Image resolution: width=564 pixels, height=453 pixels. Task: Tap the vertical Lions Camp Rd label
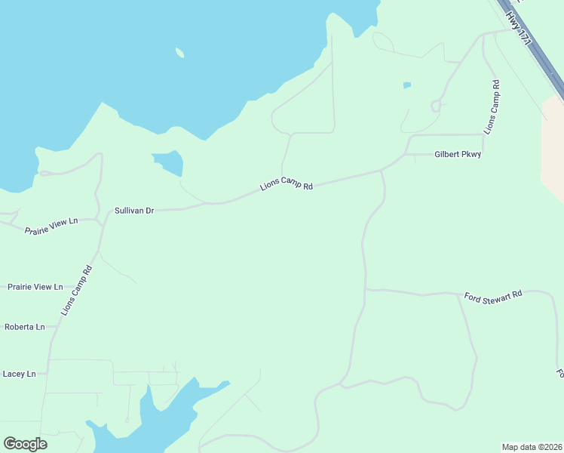click(x=492, y=107)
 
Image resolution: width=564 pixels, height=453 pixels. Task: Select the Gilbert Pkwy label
click(x=458, y=154)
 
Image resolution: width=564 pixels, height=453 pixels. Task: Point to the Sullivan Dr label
click(x=134, y=211)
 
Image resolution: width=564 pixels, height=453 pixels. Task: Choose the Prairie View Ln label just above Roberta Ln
click(x=35, y=287)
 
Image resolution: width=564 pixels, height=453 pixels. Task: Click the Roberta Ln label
click(x=25, y=327)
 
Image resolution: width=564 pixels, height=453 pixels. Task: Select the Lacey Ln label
click(x=20, y=374)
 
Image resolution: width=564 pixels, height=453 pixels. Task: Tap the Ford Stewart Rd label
click(x=493, y=296)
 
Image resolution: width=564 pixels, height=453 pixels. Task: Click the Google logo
click(x=25, y=444)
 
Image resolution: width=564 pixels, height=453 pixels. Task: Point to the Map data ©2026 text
click(x=532, y=447)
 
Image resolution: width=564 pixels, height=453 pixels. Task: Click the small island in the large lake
click(x=179, y=53)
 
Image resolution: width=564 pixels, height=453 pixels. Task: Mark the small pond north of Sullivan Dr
click(x=170, y=162)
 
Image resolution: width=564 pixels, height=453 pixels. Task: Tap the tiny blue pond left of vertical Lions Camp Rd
click(x=407, y=85)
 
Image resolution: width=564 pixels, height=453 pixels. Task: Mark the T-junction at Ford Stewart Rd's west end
click(x=366, y=288)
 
